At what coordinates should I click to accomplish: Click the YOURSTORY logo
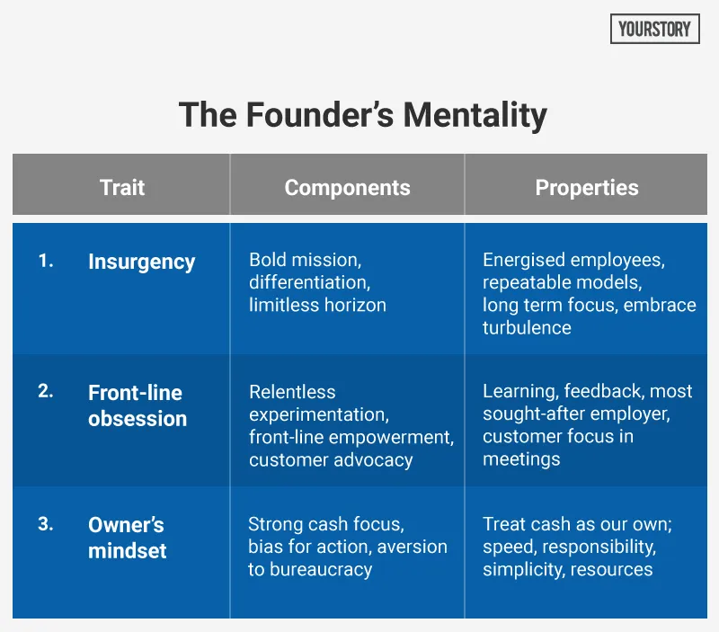pos(655,30)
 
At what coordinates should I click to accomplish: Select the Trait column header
pos(121,188)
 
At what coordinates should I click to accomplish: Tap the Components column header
pos(347,188)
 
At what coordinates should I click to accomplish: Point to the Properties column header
pos(587,188)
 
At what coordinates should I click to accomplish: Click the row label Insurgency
pos(141,263)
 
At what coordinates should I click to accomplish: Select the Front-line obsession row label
pos(137,405)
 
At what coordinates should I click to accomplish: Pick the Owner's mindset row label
pos(127,538)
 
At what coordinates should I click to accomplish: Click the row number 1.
pos(46,262)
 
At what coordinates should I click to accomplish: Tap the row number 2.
pos(46,392)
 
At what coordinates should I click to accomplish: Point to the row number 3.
pos(46,524)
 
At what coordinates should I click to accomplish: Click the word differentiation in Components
pos(308,283)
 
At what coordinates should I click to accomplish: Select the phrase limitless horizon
pos(317,306)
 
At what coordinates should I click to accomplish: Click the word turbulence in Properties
pos(527,328)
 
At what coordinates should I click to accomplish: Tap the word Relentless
pos(292,393)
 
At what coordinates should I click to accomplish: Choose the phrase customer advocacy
pos(331,460)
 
